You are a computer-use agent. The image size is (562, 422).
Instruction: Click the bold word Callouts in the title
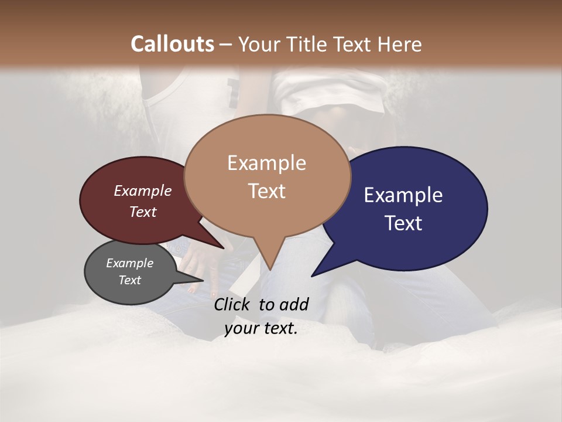coord(172,44)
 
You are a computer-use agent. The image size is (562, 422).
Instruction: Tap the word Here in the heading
coord(400,44)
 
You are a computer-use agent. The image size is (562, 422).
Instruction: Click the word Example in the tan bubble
coord(266,163)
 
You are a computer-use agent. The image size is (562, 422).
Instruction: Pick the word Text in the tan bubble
coord(266,191)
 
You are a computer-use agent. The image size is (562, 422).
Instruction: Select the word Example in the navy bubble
coord(403,195)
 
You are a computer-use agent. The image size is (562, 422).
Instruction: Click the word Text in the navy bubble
coord(403,223)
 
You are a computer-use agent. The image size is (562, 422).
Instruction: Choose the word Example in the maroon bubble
coord(143,190)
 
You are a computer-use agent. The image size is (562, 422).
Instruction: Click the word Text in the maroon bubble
coord(143,212)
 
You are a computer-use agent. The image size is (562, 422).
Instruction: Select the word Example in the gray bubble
coord(129,263)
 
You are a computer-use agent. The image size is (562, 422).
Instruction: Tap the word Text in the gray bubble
coord(129,280)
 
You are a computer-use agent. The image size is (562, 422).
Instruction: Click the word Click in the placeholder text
coord(233,304)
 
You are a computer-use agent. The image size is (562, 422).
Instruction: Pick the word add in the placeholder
coord(294,304)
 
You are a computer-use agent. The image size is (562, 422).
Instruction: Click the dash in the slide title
coord(227,45)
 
